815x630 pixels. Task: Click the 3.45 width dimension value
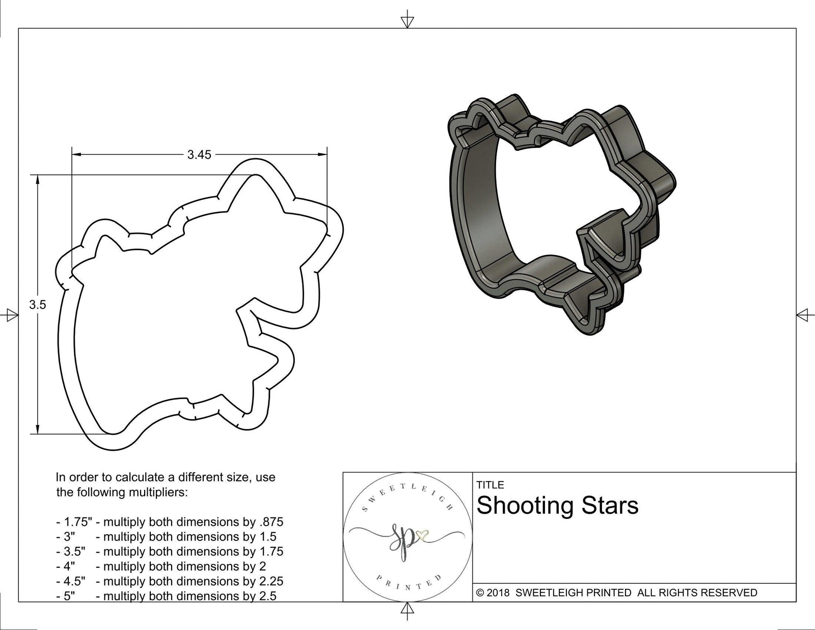pyautogui.click(x=199, y=155)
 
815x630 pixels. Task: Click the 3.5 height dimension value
pyautogui.click(x=38, y=305)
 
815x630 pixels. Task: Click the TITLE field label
pyautogui.click(x=490, y=485)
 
